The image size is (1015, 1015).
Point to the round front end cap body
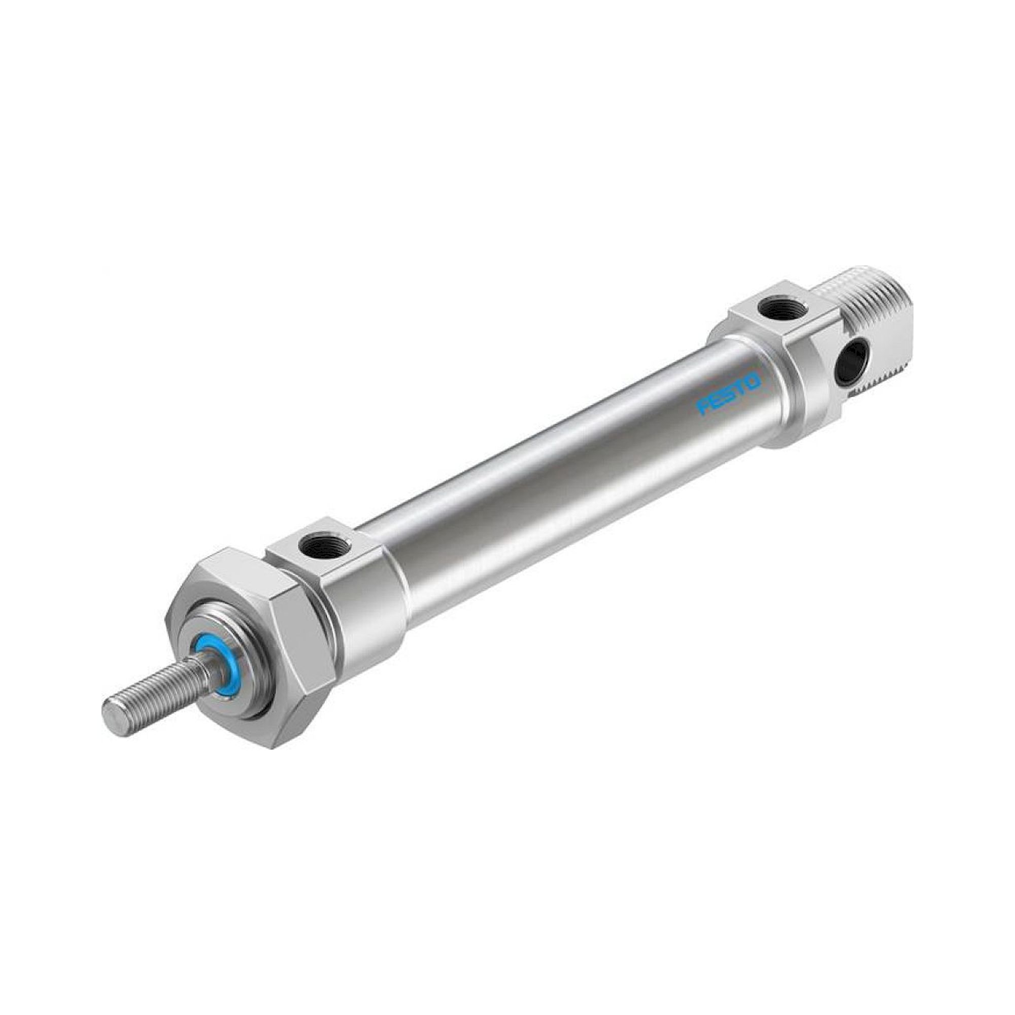[362, 604]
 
